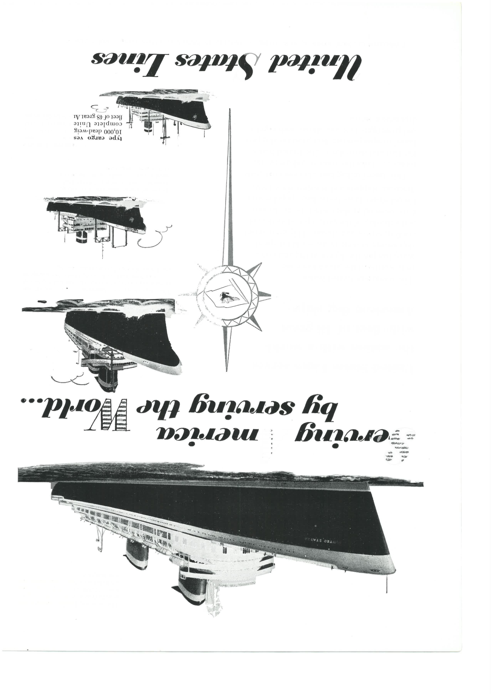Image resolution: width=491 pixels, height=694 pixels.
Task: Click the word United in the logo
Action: coord(314,64)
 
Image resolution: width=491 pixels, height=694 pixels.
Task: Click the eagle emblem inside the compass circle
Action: coord(227,295)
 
